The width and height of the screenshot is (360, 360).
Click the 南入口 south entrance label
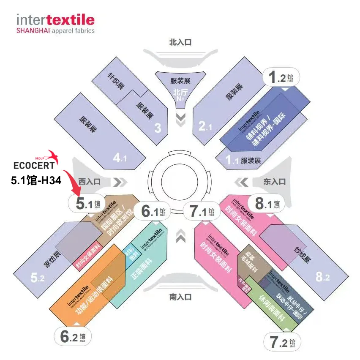click(x=180, y=297)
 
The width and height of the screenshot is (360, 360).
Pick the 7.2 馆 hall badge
click(x=283, y=342)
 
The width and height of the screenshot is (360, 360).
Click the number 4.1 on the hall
click(x=120, y=158)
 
